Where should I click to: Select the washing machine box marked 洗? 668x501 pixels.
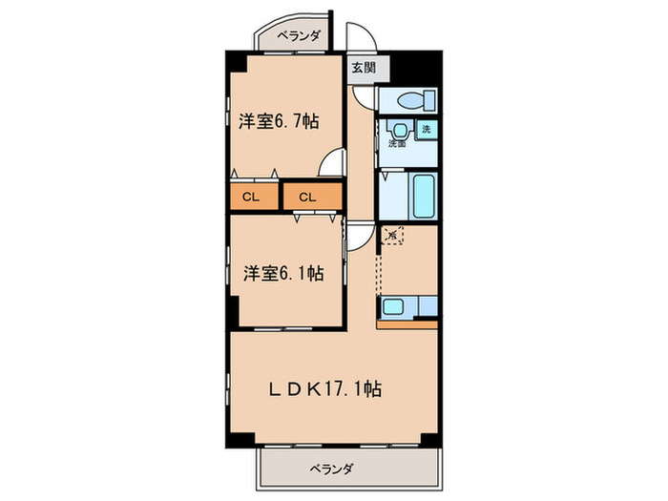pyautogui.click(x=426, y=129)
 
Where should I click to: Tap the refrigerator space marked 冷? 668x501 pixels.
pyautogui.click(x=391, y=232)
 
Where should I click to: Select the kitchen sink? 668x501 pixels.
pyautogui.click(x=395, y=306)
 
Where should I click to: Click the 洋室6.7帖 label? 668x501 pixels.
pyautogui.click(x=279, y=121)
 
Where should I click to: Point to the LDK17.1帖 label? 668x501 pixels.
pyautogui.click(x=325, y=388)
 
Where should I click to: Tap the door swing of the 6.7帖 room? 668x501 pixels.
pyautogui.click(x=330, y=165)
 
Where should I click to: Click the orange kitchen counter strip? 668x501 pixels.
pyautogui.click(x=407, y=323)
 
